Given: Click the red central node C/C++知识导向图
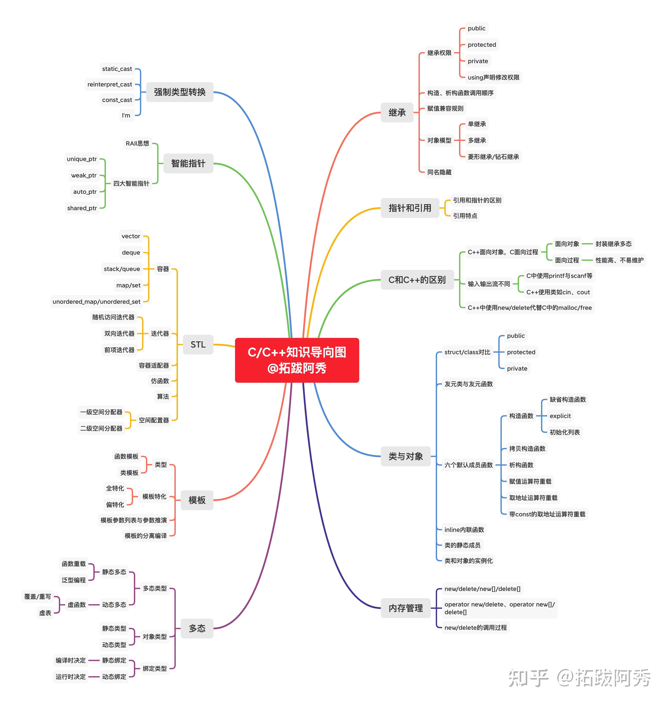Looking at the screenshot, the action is [297, 360].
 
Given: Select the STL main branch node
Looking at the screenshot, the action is [198, 344].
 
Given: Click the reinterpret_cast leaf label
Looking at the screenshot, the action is [110, 84].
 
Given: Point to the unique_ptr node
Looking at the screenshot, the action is [82, 159].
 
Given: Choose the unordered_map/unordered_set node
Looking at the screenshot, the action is [97, 302].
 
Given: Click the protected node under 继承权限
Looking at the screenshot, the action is [482, 44].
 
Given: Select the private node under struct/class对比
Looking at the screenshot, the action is [517, 368].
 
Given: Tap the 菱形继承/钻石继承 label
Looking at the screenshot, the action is [493, 157].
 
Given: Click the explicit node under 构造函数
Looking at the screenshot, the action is [560, 416].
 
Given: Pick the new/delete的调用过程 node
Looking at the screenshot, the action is [475, 627].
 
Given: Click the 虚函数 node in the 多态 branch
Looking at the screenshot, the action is [77, 605].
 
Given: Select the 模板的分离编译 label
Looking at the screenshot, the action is [146, 536].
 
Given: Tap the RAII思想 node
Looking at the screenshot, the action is [137, 143].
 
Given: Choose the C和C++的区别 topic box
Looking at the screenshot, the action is [417, 280].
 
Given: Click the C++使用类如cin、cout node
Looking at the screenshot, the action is [558, 292].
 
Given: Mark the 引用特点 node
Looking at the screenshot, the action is [465, 216].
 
